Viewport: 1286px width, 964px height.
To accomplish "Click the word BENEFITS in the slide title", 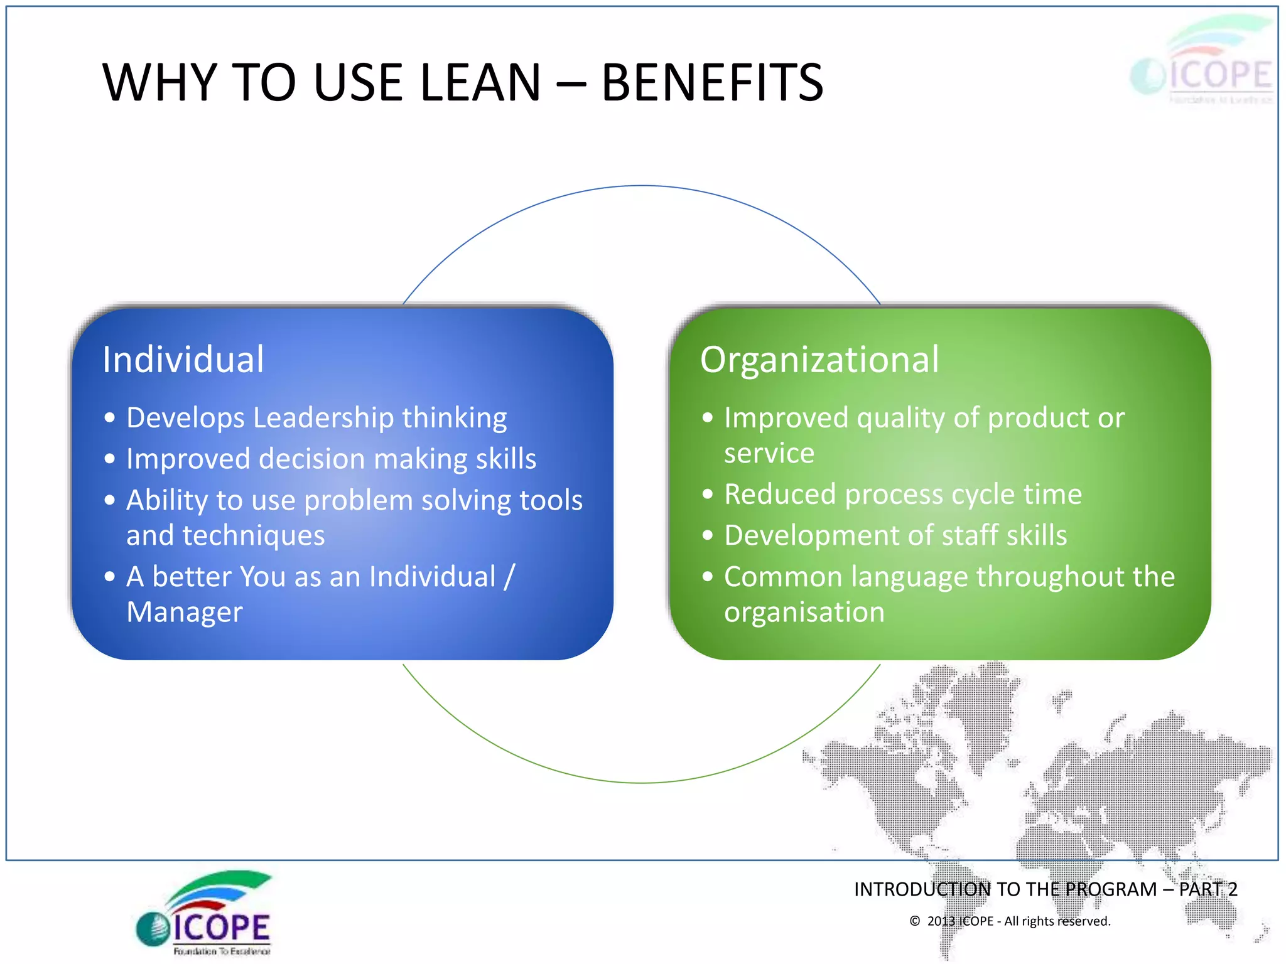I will pyautogui.click(x=712, y=83).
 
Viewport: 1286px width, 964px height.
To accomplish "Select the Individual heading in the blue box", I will pyautogui.click(x=183, y=360).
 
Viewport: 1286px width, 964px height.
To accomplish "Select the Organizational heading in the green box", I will pyautogui.click(x=819, y=360).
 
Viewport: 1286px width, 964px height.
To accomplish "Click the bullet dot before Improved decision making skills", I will pyautogui.click(x=110, y=459).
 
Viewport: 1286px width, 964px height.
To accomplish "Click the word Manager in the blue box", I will pyautogui.click(x=185, y=612).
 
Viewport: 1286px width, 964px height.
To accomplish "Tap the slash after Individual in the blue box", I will pyautogui.click(x=509, y=577).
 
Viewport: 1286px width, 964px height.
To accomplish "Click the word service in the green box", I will pyautogui.click(x=769, y=453).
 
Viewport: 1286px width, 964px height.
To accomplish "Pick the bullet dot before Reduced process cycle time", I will pyautogui.click(x=708, y=495).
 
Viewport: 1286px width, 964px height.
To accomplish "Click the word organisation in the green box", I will pyautogui.click(x=804, y=612).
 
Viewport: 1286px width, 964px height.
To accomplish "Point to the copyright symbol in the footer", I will pyautogui.click(x=915, y=921).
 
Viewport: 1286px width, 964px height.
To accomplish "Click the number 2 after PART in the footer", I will pyautogui.click(x=1232, y=889).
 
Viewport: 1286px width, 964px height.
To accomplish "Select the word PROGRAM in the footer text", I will pyautogui.click(x=1111, y=889).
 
